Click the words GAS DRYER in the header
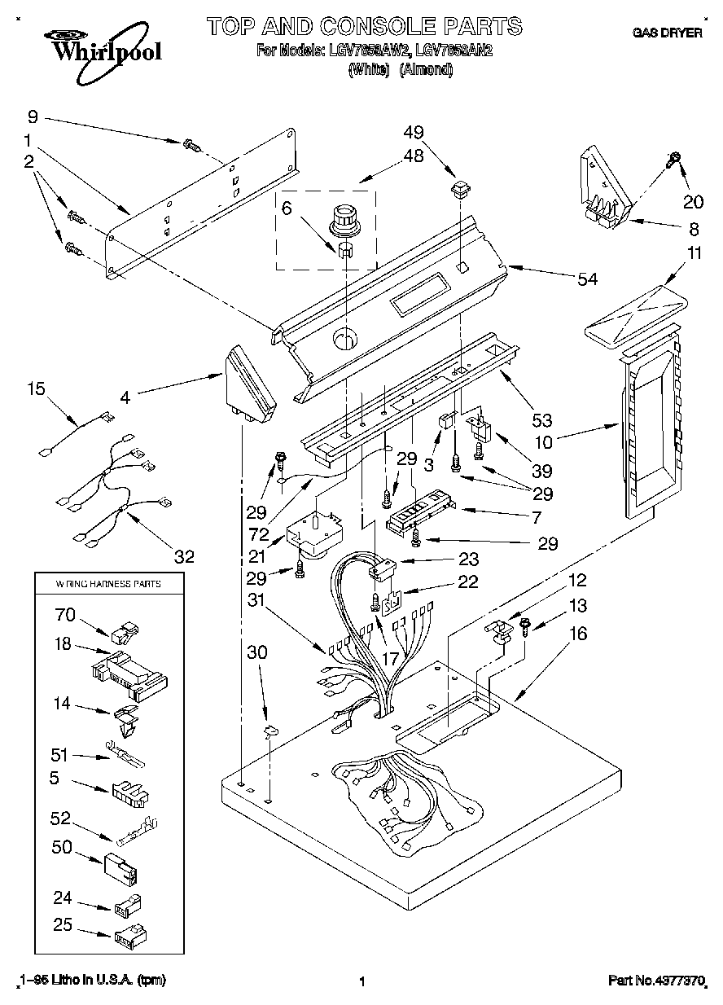pyautogui.click(x=667, y=33)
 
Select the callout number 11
pyautogui.click(x=693, y=253)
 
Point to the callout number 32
pyautogui.click(x=185, y=556)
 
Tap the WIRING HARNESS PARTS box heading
pyautogui.click(x=108, y=584)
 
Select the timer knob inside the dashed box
pyautogui.click(x=342, y=217)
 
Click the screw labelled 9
pyautogui.click(x=192, y=145)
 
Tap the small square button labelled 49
pyautogui.click(x=460, y=190)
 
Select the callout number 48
pyautogui.click(x=414, y=156)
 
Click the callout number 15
pyautogui.click(x=36, y=389)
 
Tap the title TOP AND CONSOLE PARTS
pyautogui.click(x=364, y=26)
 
